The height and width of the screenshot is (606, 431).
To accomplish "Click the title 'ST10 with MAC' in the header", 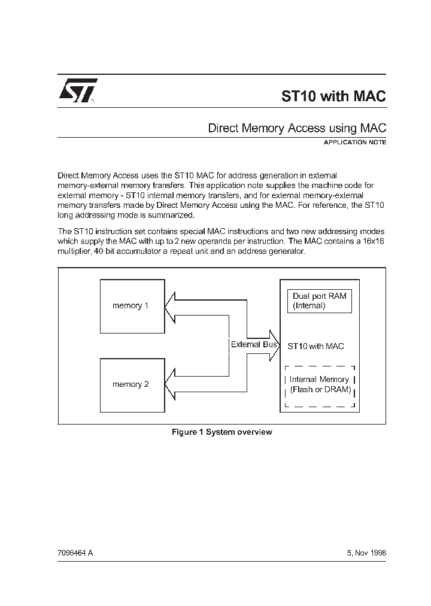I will pos(333,96).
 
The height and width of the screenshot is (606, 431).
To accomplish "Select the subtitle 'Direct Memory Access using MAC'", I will pos(296,128).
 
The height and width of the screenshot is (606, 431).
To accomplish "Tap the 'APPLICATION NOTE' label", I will pos(354,143).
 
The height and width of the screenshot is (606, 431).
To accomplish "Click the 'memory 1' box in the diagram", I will pos(132,305).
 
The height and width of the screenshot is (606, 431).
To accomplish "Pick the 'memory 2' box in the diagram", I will pos(132,384).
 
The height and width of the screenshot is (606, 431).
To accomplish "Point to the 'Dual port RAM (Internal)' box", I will pos(319,301).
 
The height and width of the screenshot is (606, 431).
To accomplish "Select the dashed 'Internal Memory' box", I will pos(319,384).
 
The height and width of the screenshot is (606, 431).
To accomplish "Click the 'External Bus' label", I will pos(254,344).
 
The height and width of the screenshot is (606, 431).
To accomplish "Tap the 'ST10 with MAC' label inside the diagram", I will pos(316,346).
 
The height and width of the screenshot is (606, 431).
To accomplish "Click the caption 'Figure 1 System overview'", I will pos(221,432).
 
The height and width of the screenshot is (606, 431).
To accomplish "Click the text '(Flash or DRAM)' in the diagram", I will pos(320,390).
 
